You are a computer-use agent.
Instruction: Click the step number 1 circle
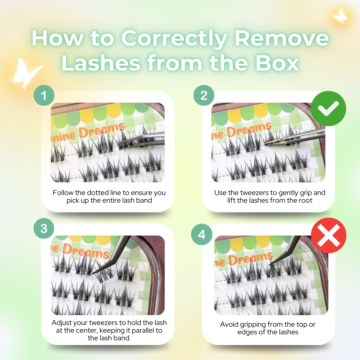pos(44,96)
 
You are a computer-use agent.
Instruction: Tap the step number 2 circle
pos(204,96)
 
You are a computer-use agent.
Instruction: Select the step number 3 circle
pos(44,229)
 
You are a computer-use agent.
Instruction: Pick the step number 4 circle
pos(202,234)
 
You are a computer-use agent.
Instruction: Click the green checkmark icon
pos(329,108)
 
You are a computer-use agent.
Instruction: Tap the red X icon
pos(329,235)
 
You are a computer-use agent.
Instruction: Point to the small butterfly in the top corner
pos(340,16)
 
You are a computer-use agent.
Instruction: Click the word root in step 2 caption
pos(305,201)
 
